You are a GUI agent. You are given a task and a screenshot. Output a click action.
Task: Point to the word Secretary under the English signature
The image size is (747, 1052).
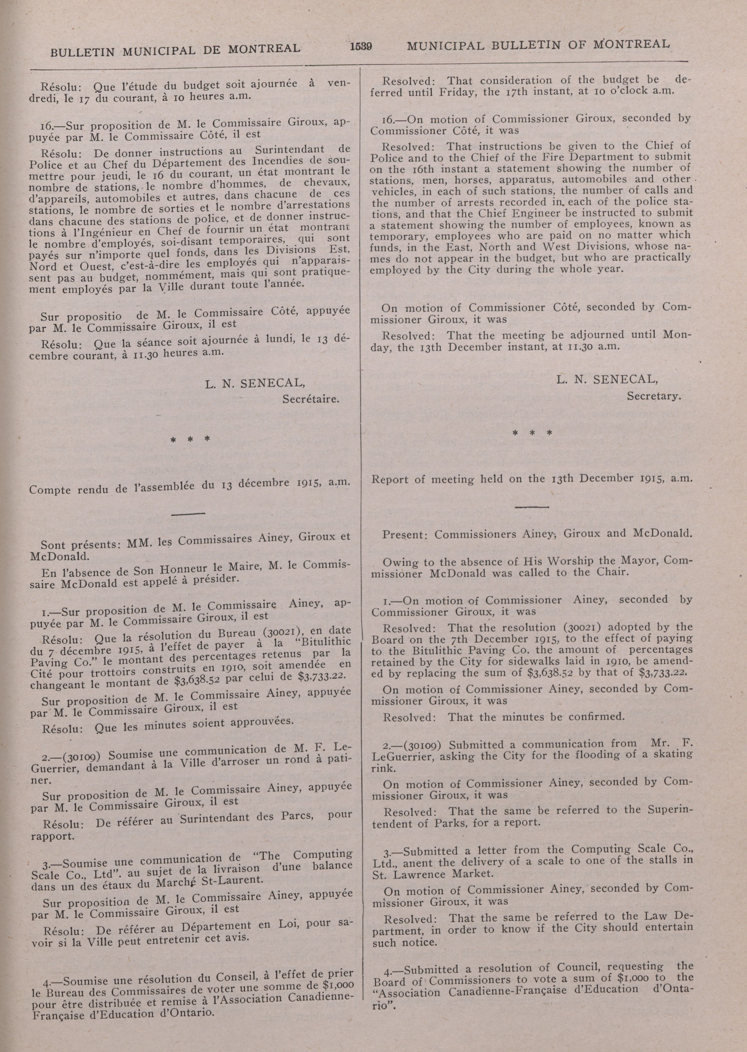(654, 396)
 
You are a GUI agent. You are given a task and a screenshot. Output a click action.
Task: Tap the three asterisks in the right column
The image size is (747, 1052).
(532, 433)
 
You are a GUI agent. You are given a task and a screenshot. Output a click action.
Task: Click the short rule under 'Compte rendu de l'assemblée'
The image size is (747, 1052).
(188, 513)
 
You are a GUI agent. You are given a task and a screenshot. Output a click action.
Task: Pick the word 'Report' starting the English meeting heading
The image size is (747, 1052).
(390, 480)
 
